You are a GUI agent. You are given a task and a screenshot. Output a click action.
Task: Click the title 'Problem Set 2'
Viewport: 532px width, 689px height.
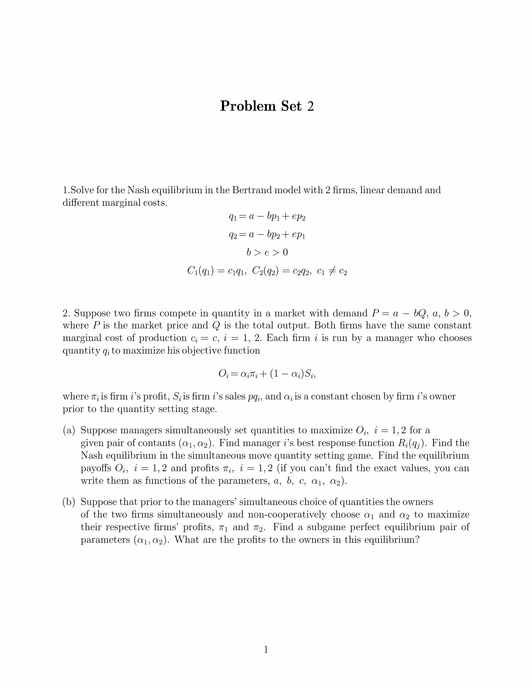tap(267, 106)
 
